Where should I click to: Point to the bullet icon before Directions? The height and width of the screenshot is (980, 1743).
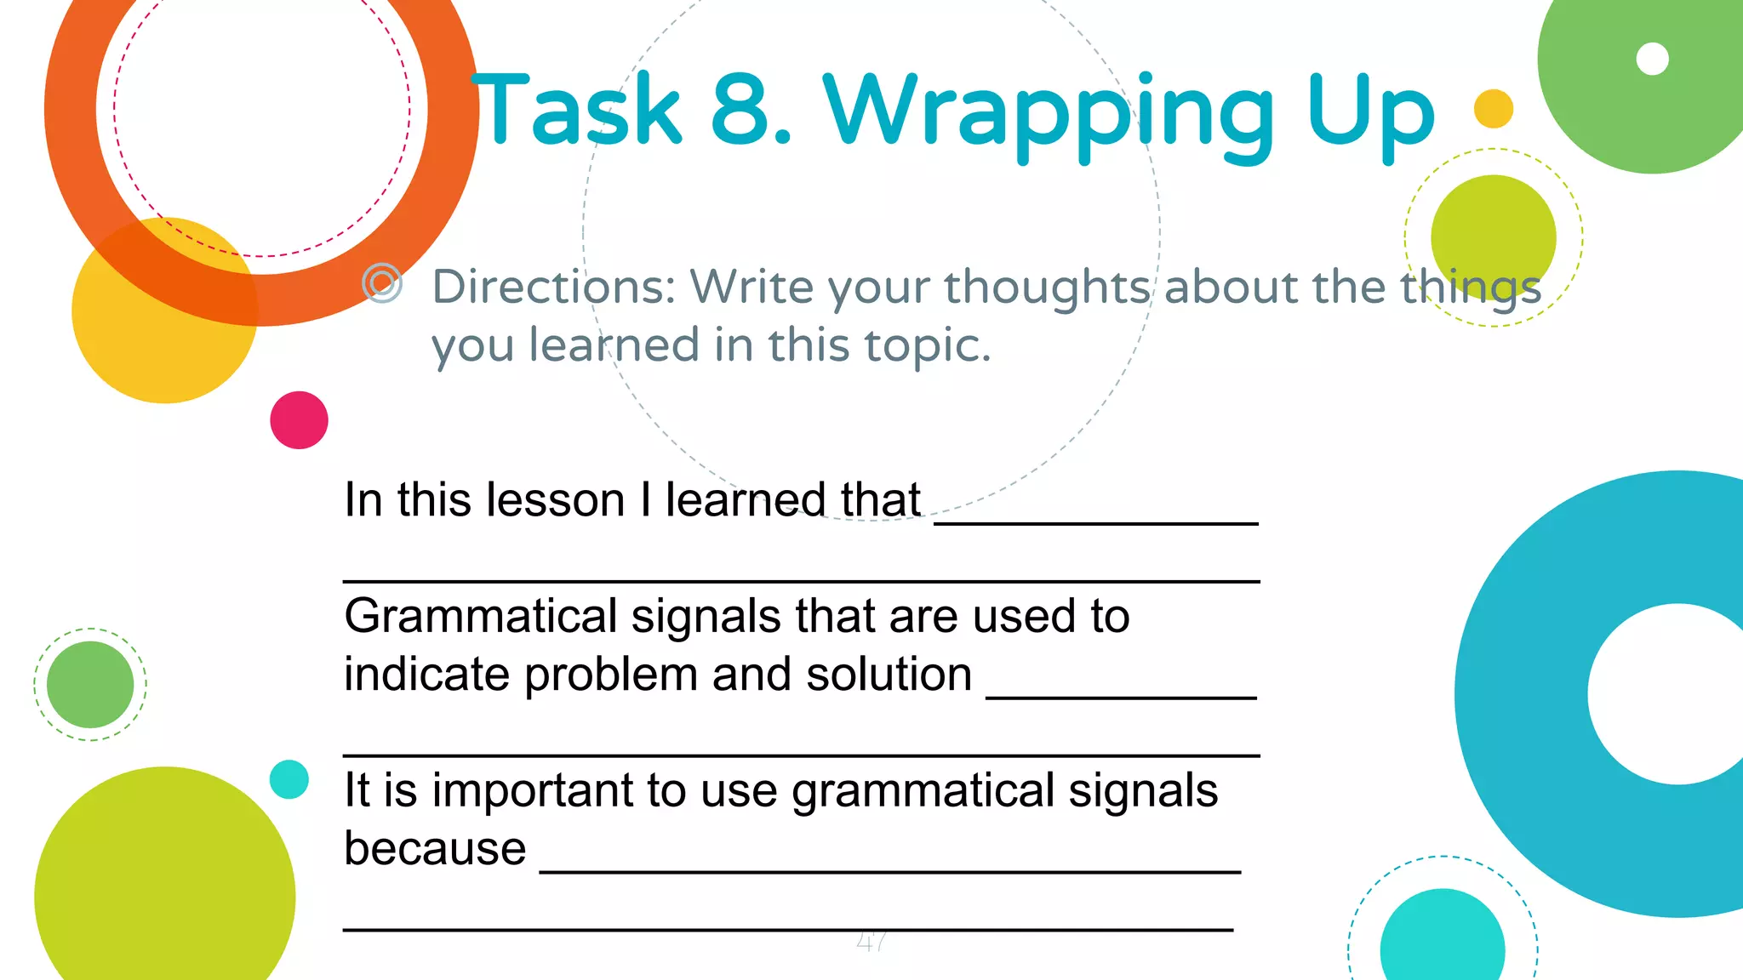click(x=382, y=282)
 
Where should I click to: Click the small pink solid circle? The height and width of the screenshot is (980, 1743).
click(x=299, y=420)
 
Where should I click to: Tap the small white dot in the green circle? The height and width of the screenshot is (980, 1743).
click(x=1652, y=59)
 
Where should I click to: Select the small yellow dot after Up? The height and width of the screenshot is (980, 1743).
click(x=1493, y=109)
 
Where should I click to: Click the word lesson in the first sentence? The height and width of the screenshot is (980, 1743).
click(x=511, y=499)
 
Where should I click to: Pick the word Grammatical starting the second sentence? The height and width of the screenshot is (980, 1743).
click(x=481, y=616)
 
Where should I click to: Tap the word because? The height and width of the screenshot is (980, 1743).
click(x=435, y=848)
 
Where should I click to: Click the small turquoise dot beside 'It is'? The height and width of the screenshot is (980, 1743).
click(x=289, y=779)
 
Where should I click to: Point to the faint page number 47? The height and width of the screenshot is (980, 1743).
click(x=871, y=941)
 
